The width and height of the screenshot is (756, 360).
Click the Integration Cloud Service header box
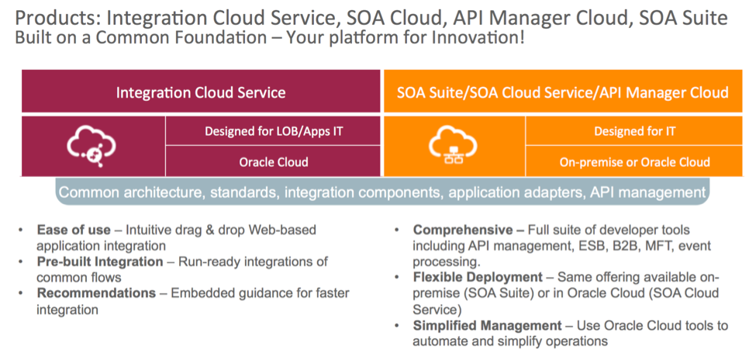(201, 92)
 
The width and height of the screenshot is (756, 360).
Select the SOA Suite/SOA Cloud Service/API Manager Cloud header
(562, 92)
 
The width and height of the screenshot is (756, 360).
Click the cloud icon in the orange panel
(453, 146)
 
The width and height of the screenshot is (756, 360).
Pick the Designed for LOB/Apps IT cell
(273, 131)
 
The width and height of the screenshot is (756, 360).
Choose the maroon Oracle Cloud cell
(273, 162)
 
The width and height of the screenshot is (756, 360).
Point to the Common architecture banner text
(382, 192)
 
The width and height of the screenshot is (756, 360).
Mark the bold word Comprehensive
(462, 230)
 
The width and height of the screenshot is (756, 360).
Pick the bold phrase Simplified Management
(485, 324)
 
